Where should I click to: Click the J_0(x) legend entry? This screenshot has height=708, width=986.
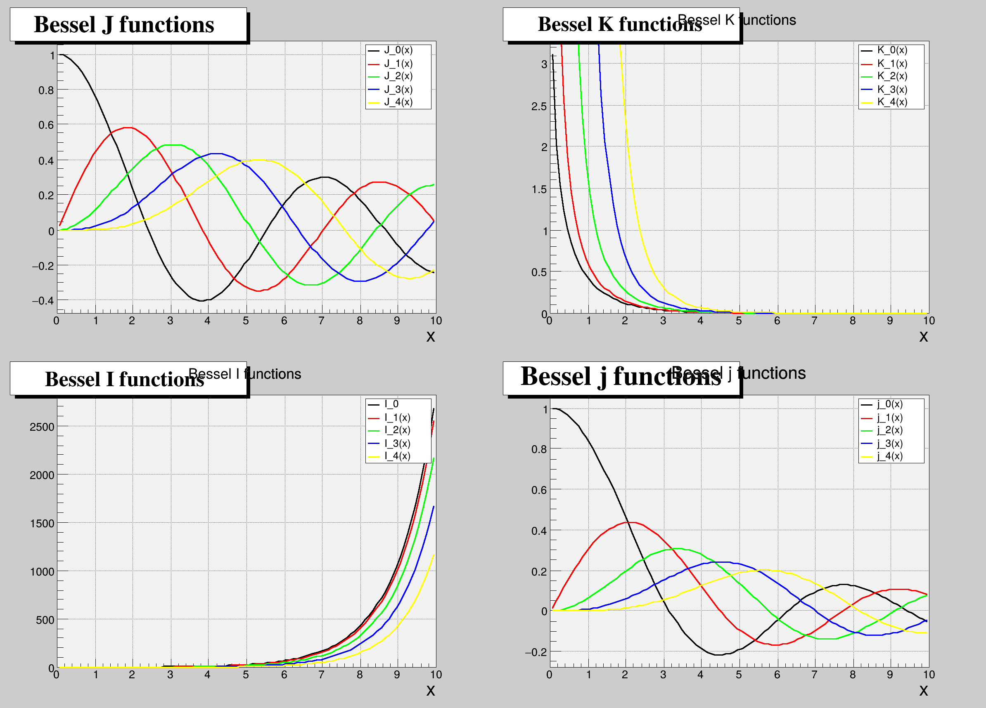coord(398,50)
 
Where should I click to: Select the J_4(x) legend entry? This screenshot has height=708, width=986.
coord(398,102)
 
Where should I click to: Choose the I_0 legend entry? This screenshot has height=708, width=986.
coord(391,404)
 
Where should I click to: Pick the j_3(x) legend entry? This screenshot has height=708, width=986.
coord(889,444)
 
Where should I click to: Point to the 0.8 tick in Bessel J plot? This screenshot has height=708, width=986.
coord(47,90)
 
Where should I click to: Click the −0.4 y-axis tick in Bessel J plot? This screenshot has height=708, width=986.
coord(43,301)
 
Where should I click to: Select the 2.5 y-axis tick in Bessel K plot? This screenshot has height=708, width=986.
coord(539,106)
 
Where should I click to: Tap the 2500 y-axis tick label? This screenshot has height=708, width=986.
coord(42,427)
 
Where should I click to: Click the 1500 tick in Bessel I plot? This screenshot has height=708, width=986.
coord(42,524)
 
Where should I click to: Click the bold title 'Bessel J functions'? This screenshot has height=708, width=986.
coord(124,24)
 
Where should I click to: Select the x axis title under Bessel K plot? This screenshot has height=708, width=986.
coord(923,336)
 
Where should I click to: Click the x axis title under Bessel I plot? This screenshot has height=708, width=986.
coord(430,690)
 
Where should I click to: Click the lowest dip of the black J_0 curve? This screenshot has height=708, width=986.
coord(202,301)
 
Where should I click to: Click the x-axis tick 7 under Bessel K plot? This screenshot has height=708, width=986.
coord(814,321)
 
